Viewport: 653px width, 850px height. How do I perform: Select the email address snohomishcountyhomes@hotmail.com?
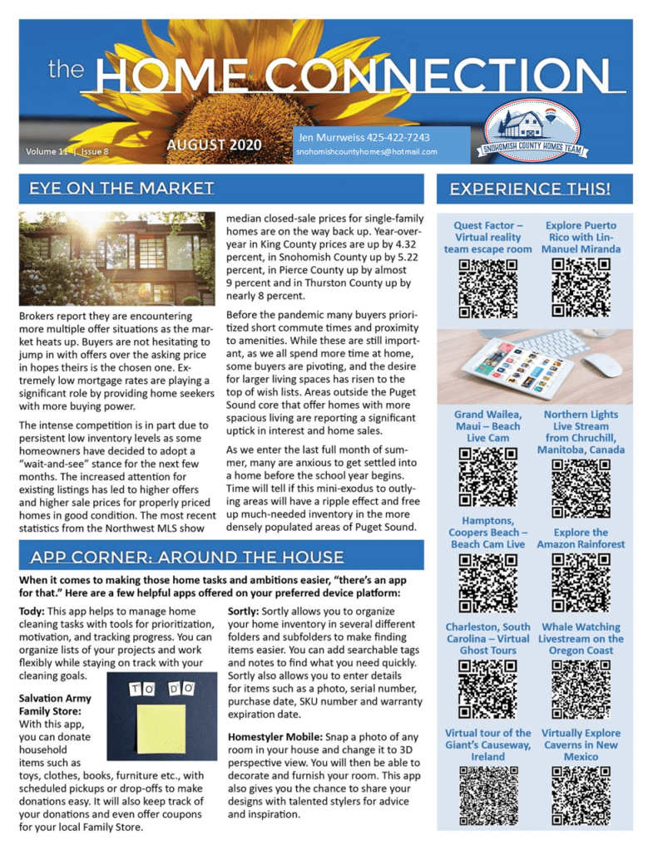(366, 152)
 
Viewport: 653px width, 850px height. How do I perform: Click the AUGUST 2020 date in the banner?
(214, 145)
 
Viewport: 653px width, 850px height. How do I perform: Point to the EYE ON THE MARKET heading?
(121, 188)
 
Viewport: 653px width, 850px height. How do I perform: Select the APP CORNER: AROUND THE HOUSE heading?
(186, 557)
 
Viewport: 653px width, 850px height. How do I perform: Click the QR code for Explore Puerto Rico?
(581, 288)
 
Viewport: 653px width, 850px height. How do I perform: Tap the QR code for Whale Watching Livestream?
(581, 689)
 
